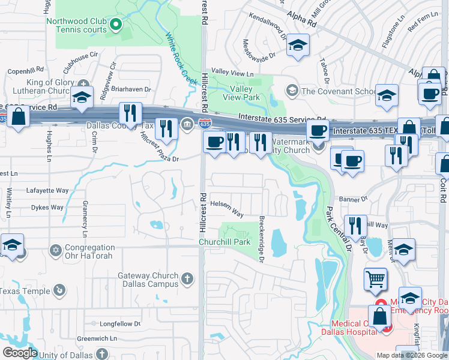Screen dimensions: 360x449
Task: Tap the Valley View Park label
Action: (241, 92)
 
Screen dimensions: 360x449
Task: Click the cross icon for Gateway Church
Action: (187, 278)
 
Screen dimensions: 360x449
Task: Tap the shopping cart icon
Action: (375, 278)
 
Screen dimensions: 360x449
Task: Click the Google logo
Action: (19, 353)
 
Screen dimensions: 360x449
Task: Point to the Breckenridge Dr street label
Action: (261, 239)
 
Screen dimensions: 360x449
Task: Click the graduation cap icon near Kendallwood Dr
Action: (298, 45)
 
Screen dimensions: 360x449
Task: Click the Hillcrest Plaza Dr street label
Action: (159, 148)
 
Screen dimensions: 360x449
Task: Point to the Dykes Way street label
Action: (47, 208)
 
